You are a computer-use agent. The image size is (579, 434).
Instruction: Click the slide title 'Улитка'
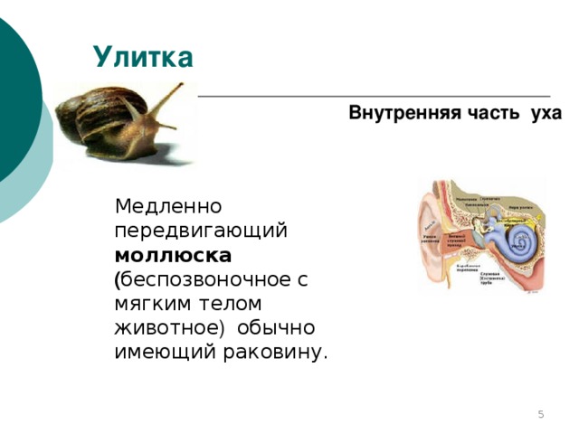point(143,58)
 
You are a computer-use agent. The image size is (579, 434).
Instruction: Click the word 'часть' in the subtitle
point(489,115)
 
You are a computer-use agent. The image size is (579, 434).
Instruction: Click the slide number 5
point(540,414)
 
